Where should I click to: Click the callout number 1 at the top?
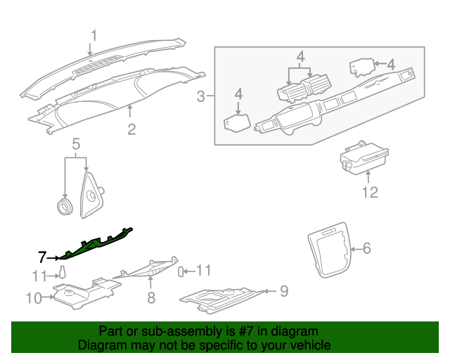coord(94,36)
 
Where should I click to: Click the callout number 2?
coord(131,129)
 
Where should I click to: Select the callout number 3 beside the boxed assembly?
coord(201,96)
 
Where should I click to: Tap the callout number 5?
coord(75,145)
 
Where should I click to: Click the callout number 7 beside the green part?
coord(42,257)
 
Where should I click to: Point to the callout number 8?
coord(150,299)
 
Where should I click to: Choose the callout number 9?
coord(284,290)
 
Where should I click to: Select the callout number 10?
coord(34,298)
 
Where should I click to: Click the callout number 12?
coord(370,192)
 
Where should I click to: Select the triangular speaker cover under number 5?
coord(91,197)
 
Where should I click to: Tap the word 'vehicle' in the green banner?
coord(307,346)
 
